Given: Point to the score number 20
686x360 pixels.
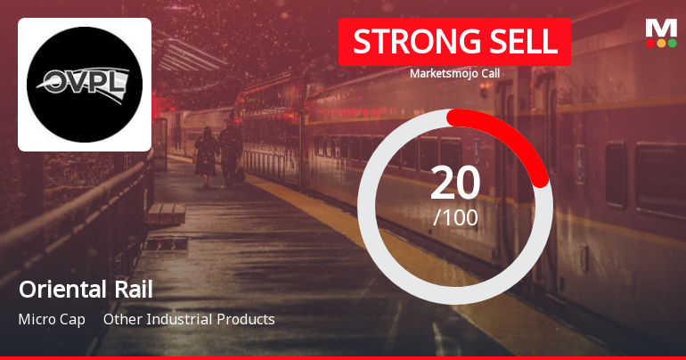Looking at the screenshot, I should [x=455, y=183].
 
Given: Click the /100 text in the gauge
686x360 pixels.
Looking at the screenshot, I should [x=455, y=217].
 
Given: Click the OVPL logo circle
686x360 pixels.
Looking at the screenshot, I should [x=85, y=85].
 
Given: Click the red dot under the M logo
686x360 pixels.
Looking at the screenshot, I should [x=650, y=43].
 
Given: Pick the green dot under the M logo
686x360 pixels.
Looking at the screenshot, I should [x=672, y=43].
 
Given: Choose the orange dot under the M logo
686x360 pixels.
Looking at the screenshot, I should [x=661, y=43].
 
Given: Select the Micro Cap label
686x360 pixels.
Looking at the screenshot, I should [x=51, y=319].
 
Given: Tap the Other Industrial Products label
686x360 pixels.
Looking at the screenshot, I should [x=189, y=319].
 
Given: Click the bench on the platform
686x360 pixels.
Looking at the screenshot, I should [x=167, y=213].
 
